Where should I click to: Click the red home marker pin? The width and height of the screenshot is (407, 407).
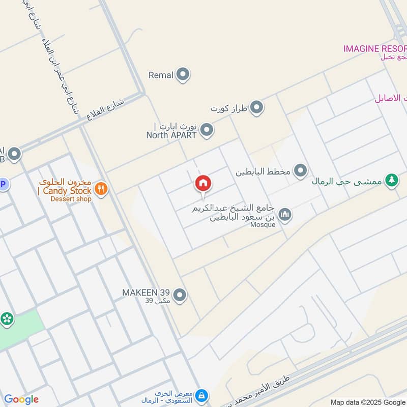(203, 184)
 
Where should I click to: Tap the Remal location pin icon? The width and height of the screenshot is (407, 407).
(183, 75)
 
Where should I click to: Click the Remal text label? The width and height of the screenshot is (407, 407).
(161, 75)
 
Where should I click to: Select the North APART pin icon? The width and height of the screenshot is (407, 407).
(206, 130)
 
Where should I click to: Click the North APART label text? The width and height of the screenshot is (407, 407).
(171, 135)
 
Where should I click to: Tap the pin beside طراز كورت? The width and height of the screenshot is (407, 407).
(257, 108)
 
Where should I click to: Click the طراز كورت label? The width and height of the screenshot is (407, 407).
(229, 108)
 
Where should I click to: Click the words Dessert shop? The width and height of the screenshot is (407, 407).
(71, 199)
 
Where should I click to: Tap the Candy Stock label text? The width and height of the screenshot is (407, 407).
(65, 191)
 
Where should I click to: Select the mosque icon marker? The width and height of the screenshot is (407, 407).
(285, 215)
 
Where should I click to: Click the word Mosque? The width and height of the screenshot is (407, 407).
(263, 224)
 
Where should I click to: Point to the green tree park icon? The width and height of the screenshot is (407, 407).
(391, 181)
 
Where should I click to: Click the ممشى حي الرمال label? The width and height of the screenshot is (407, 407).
(347, 181)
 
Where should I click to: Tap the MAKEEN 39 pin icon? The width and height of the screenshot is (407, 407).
(179, 295)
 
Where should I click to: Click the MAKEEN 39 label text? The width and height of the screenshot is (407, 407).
(146, 293)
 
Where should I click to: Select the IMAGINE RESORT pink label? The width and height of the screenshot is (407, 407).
(375, 49)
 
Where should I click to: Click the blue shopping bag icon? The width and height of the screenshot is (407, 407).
(202, 395)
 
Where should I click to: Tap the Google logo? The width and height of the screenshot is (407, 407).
(21, 399)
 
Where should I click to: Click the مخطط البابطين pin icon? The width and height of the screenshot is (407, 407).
(301, 170)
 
